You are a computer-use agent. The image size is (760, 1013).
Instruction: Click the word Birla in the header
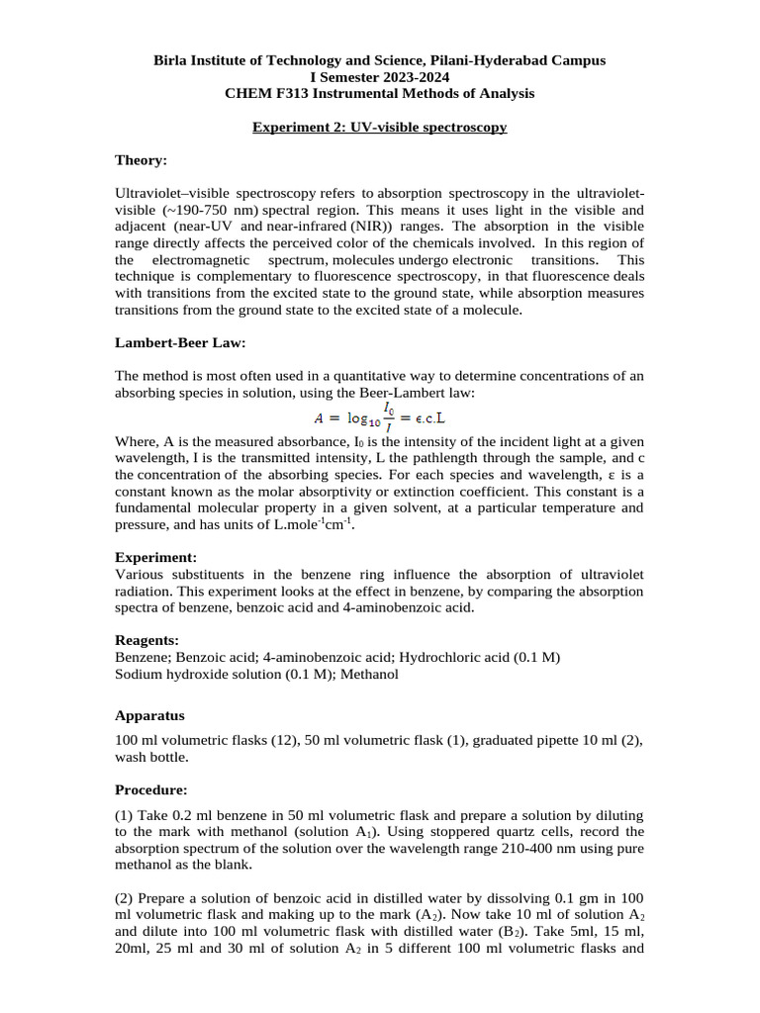pyautogui.click(x=170, y=60)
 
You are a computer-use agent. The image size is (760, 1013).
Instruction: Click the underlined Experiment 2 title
pyautogui.click(x=379, y=128)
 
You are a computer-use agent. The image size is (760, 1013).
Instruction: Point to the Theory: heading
pyautogui.click(x=142, y=160)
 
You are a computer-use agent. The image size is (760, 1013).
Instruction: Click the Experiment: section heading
pyautogui.click(x=155, y=557)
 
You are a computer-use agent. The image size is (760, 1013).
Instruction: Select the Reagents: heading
pyautogui.click(x=146, y=641)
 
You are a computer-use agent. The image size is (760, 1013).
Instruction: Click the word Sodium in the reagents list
pyautogui.click(x=140, y=674)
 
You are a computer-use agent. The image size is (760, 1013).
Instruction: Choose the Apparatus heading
pyautogui.click(x=149, y=715)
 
